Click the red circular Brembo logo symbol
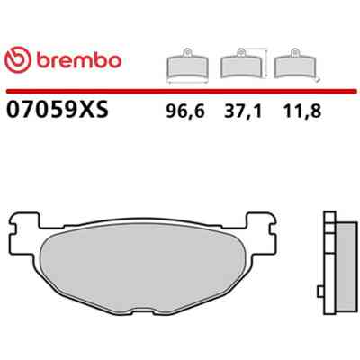[18, 59]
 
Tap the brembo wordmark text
[79, 60]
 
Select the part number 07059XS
[57, 110]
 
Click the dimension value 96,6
[185, 112]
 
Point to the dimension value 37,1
[243, 112]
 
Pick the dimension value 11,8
[302, 112]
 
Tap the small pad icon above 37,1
[241, 64]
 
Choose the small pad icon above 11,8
[295, 64]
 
